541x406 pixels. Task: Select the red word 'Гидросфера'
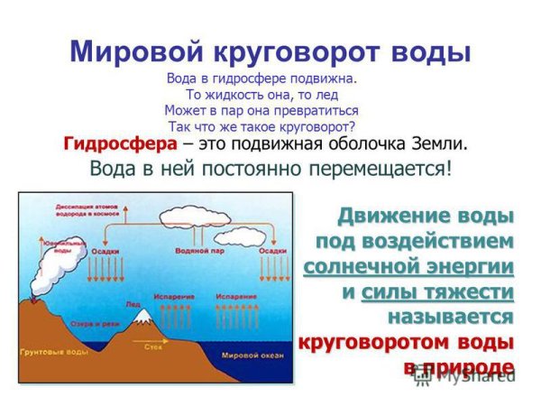tap(115, 143)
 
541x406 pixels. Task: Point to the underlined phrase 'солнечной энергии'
tap(408, 267)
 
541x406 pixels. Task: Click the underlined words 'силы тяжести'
tap(436, 292)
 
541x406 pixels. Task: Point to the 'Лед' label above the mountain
tap(132, 303)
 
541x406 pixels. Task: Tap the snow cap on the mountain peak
tap(142, 316)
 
